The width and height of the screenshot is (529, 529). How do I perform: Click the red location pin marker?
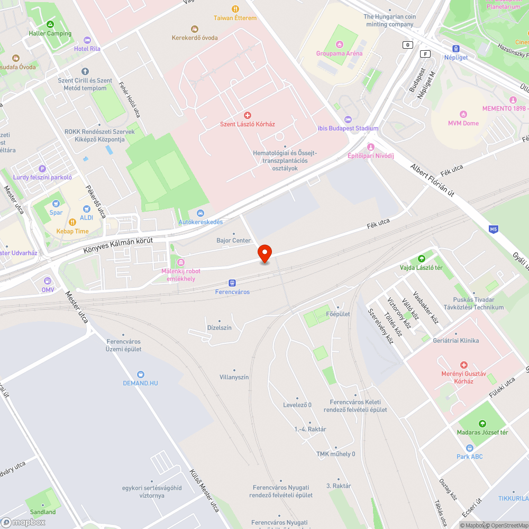pyautogui.click(x=264, y=253)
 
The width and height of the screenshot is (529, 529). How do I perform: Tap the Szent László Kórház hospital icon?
pyautogui.click(x=247, y=115)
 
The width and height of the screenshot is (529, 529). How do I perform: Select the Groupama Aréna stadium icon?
pyautogui.click(x=339, y=44)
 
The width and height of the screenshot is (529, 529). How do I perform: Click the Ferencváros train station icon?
pyautogui.click(x=232, y=283)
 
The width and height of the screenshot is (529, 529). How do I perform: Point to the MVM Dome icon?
pyautogui.click(x=463, y=114)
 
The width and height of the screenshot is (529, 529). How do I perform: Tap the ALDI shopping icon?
pyautogui.click(x=87, y=208)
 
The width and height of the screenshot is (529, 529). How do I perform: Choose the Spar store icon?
pyautogui.click(x=56, y=204)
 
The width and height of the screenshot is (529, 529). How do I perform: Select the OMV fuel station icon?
pyautogui.click(x=48, y=281)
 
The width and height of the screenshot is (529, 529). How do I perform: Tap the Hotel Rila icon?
pyautogui.click(x=87, y=40)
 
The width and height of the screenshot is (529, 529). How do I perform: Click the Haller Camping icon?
pyautogui.click(x=50, y=24)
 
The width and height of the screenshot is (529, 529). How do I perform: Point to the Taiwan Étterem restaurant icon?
pyautogui.click(x=235, y=9)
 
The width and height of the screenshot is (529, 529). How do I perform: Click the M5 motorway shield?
pyautogui.click(x=493, y=229)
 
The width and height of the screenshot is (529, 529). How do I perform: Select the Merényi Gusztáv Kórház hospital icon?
pyautogui.click(x=464, y=365)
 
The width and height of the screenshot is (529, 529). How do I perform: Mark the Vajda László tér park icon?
pyautogui.click(x=421, y=259)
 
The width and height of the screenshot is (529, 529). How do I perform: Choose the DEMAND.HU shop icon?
pyautogui.click(x=140, y=374)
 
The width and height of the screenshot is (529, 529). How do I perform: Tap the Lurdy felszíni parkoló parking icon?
pyautogui.click(x=42, y=169)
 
